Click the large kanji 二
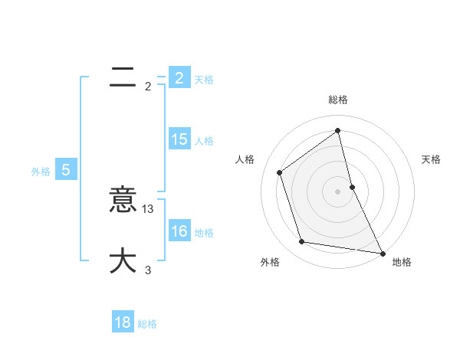tap(123, 77)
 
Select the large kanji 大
tap(123, 260)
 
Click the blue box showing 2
tap(179, 77)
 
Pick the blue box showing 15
tap(179, 139)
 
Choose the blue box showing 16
tap(179, 231)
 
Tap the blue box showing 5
tap(66, 170)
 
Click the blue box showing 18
tap(123, 322)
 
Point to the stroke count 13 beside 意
tap(149, 208)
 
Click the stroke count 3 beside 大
tap(148, 270)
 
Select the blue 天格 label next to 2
tap(204, 79)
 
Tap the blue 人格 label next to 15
tap(204, 140)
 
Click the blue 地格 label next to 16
tap(204, 232)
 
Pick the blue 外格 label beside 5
tap(41, 172)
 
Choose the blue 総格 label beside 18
tap(147, 324)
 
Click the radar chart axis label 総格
tap(338, 100)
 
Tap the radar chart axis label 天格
tap(432, 159)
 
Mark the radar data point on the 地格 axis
tap(382, 253)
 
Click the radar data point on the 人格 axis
tap(279, 172)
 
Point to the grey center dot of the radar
tap(338, 191)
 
